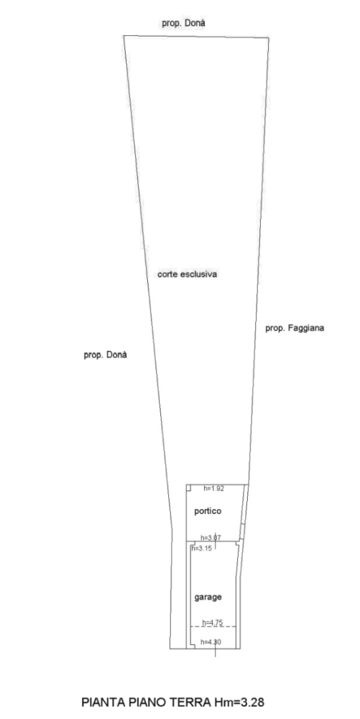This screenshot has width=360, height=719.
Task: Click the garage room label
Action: (208, 597)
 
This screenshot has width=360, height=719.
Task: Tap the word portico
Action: (208, 511)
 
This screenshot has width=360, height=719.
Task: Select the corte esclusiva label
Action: (187, 274)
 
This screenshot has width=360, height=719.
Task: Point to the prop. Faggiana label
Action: (295, 329)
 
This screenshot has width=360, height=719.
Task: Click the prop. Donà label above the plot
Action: (183, 23)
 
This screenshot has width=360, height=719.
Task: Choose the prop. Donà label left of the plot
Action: (105, 355)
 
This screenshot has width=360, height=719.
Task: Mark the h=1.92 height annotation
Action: (214, 489)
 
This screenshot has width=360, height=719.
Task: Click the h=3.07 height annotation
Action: (211, 537)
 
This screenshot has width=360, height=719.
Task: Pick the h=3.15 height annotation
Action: (201, 548)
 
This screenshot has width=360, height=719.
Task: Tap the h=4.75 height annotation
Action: (213, 622)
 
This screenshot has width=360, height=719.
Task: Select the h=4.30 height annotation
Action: (211, 642)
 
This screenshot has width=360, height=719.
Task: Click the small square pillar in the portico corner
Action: (188, 487)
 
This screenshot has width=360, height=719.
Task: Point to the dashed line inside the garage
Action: (213, 626)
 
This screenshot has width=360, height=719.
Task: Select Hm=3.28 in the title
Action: (239, 702)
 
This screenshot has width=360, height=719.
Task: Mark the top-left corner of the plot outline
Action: (124, 36)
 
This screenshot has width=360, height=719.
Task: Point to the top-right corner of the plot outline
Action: (269, 37)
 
